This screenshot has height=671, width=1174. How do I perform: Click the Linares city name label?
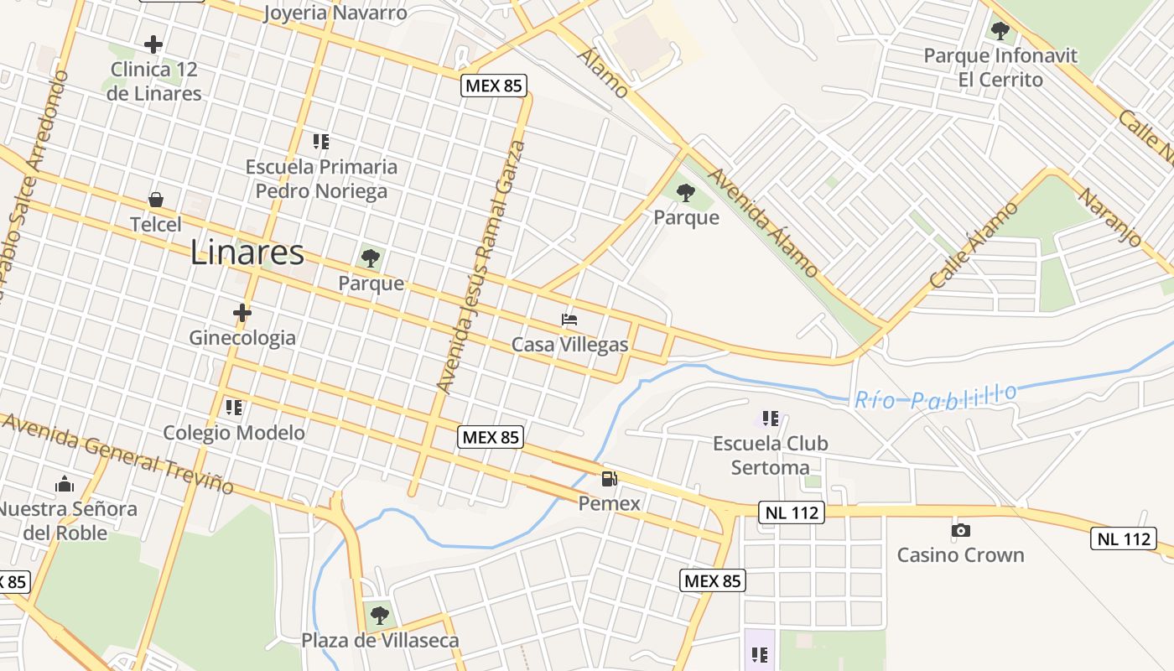pos(247,252)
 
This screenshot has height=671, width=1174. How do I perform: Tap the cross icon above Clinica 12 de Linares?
pos(153,44)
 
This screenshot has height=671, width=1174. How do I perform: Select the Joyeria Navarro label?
pos(335,13)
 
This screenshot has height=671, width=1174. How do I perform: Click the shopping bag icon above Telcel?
pos(156,200)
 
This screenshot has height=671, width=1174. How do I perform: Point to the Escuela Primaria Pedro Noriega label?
pos(321,179)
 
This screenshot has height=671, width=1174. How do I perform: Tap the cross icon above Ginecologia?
pos(242,313)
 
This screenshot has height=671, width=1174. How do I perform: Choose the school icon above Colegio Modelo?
pos(234,408)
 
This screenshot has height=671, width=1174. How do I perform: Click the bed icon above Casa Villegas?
pos(569,320)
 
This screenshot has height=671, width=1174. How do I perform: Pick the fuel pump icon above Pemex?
pos(610,479)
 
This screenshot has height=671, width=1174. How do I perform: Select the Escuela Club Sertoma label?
pos(770,455)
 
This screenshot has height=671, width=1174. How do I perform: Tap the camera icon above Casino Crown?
pos(961,530)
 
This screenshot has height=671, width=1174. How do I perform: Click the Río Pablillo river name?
pos(936,396)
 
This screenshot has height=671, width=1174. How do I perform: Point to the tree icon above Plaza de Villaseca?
pos(380,616)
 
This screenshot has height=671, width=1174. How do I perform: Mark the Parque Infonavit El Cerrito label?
pos(1000,68)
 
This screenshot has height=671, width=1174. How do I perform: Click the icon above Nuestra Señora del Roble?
pos(65,484)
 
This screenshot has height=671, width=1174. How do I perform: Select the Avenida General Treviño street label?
pos(117,453)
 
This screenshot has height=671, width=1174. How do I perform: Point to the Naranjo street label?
pos(1110,216)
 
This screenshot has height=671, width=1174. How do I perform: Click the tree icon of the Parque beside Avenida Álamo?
pos(686,193)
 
